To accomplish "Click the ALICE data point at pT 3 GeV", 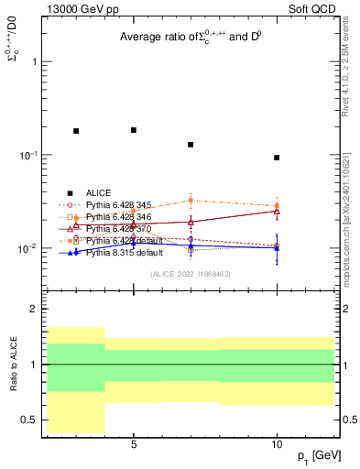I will point(76,131).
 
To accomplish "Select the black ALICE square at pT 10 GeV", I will point(277,158).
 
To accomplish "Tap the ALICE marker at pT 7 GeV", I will point(191,145).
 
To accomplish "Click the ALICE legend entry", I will point(98,192).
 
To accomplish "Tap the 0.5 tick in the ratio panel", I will point(32,420).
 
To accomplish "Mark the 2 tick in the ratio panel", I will point(36,309).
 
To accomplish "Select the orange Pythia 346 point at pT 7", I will point(191,200).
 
